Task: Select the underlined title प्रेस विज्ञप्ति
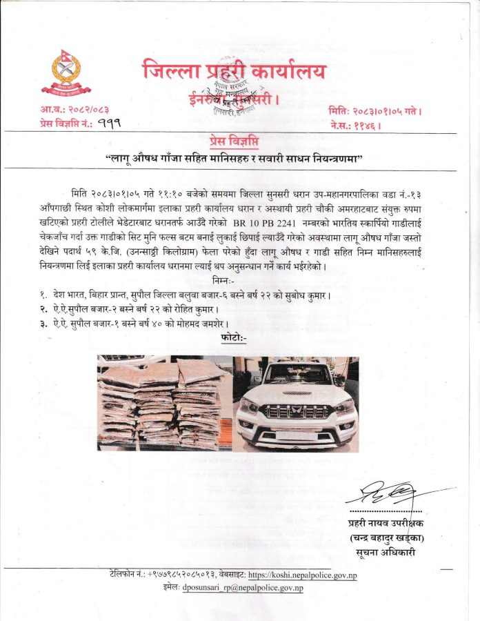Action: pyautogui.click(x=240, y=139)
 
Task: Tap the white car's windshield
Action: pyautogui.click(x=297, y=375)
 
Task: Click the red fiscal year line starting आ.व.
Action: pyautogui.click(x=74, y=110)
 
